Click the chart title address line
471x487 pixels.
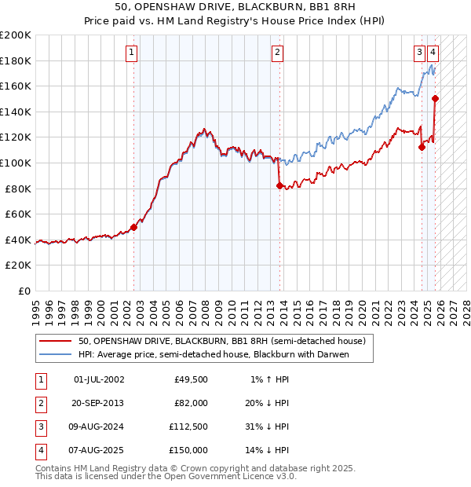[235, 6]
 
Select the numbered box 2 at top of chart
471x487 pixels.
[277, 53]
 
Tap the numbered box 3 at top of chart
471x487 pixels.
[420, 53]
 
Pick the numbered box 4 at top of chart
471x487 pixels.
[433, 53]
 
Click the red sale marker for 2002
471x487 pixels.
[133, 228]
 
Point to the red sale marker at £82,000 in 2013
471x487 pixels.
[279, 186]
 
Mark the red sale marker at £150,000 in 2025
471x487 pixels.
[436, 99]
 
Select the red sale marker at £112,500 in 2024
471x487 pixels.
[422, 147]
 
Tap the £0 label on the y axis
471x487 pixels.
[23, 291]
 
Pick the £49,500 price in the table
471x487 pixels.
[191, 379]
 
